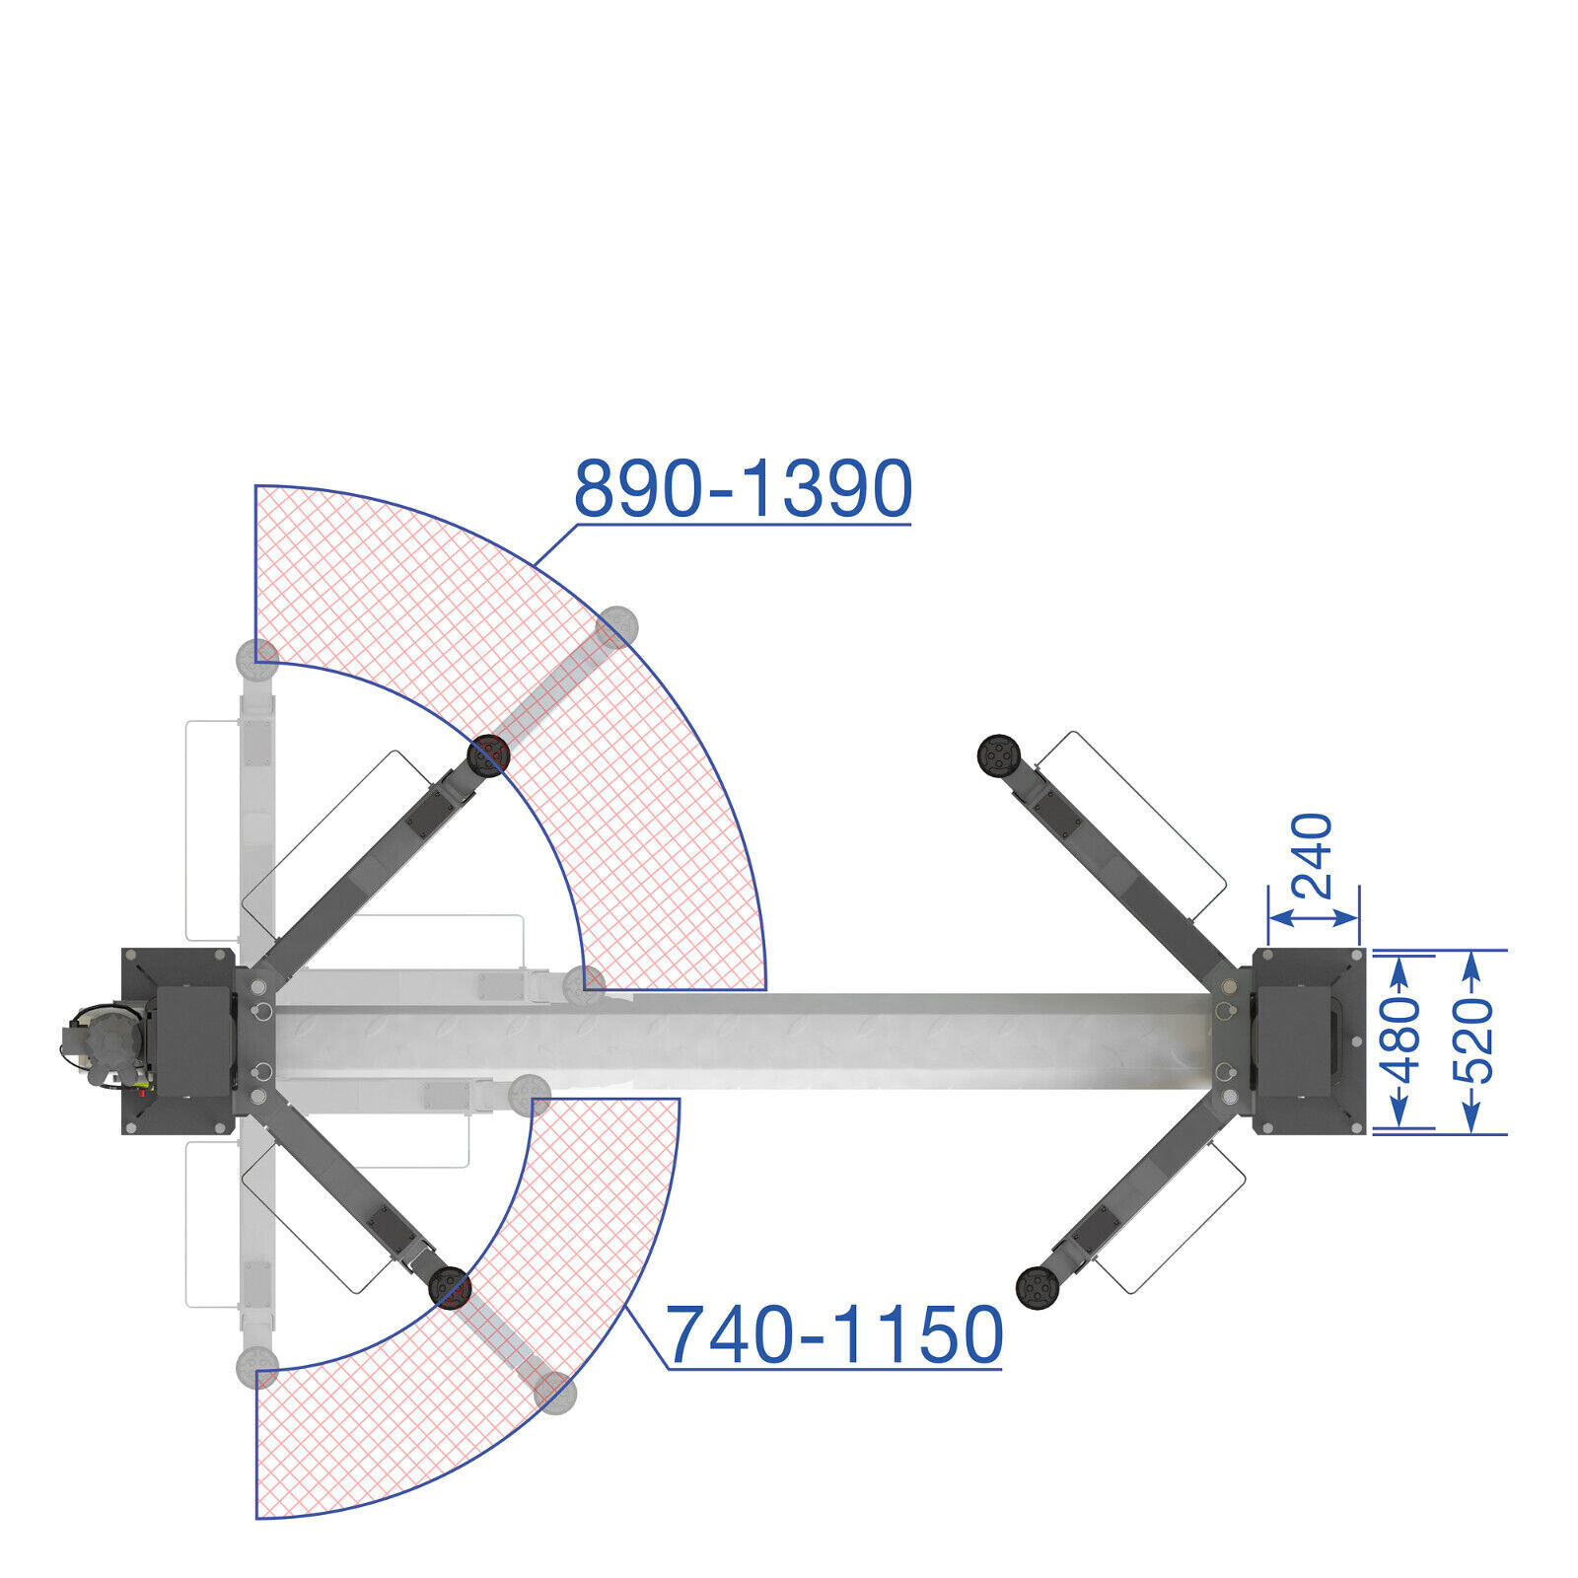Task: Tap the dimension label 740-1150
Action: [834, 1334]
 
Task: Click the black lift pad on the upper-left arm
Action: [488, 755]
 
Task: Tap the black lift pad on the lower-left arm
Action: [450, 1288]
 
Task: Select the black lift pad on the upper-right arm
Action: [1000, 755]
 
